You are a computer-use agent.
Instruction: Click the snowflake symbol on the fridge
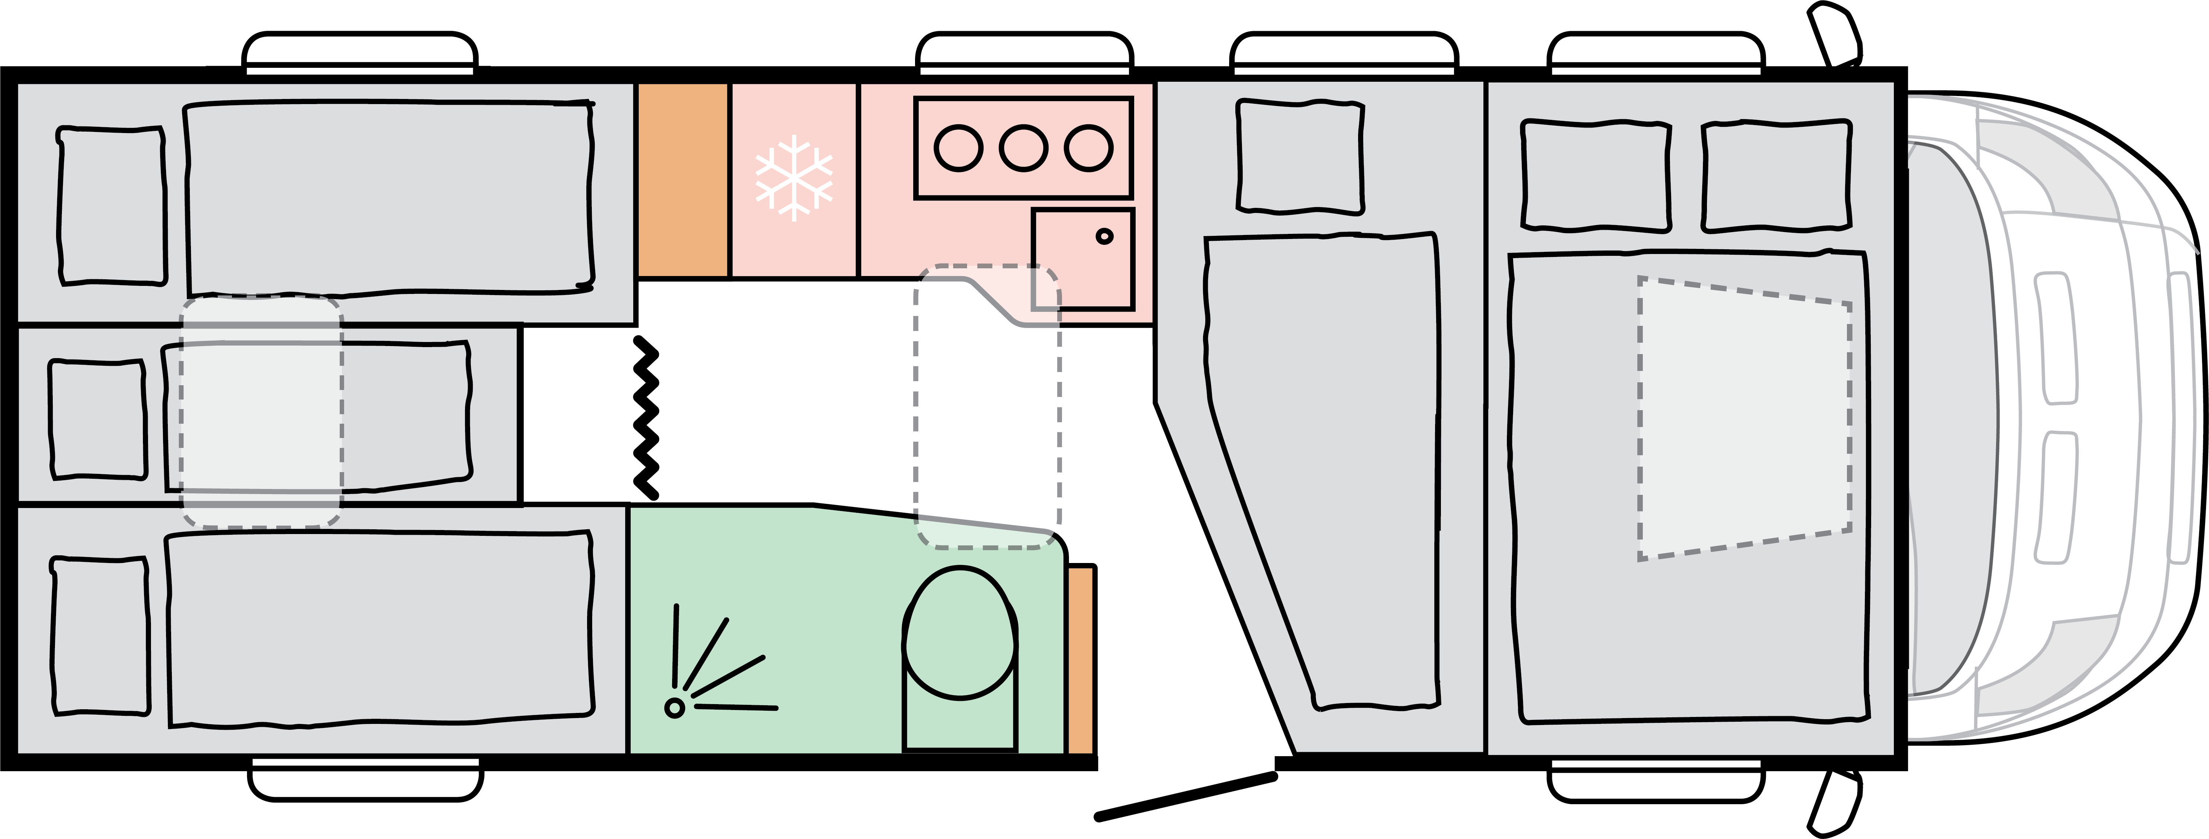tap(793, 177)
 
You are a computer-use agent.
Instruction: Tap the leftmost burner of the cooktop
tap(958, 148)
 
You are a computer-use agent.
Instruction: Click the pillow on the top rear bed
tap(111, 206)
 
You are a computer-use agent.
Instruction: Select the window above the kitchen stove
tap(1025, 53)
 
